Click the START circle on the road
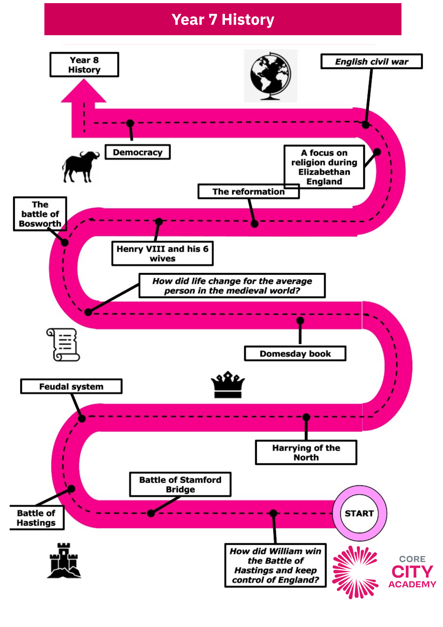pos(359,513)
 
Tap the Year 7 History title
pos(223,19)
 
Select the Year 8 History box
pos(84,65)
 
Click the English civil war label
pos(372,61)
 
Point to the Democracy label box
pos(138,152)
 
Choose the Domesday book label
pos(295,354)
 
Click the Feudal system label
pos(71,386)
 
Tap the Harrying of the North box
pos(306,452)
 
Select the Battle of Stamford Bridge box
pos(180,484)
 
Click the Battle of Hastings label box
pos(36,518)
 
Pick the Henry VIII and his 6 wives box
pos(162,253)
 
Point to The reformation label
pos(248,191)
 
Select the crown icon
pos(228,385)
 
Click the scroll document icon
pos(63,345)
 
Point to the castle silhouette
pos(64,560)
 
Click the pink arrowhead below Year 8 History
pos(84,91)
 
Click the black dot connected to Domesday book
pos(300,320)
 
